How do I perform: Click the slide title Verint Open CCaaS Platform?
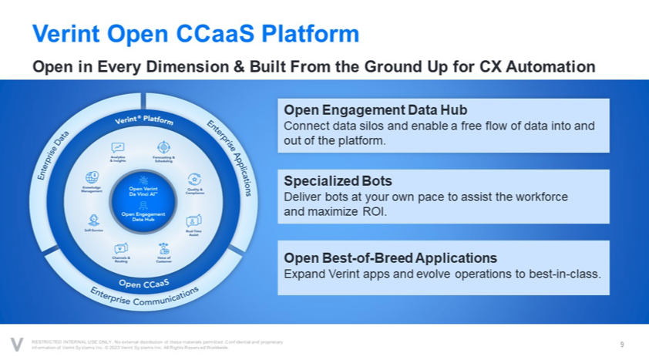click(x=195, y=33)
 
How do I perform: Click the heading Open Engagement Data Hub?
click(x=375, y=110)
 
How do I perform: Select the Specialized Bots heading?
click(x=338, y=181)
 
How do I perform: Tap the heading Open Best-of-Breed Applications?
click(x=390, y=257)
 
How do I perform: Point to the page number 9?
click(x=621, y=343)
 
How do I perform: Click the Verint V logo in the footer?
click(x=16, y=344)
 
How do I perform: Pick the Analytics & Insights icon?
click(x=118, y=147)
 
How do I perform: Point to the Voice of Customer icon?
click(x=163, y=248)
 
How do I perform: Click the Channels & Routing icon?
click(x=120, y=248)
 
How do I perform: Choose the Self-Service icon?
click(x=94, y=219)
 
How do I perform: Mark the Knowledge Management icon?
click(x=92, y=177)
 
